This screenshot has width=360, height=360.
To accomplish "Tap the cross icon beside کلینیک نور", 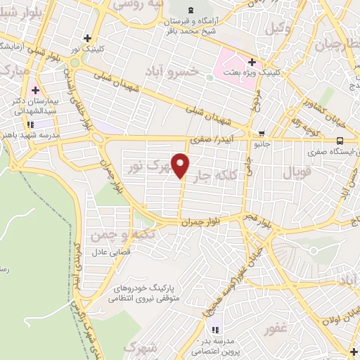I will click(x=86, y=38).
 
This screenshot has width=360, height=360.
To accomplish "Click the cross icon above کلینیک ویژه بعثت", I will click(x=261, y=63).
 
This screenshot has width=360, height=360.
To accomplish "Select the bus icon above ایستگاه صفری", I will click(x=340, y=139).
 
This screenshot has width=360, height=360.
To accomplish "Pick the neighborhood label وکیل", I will click(x=277, y=28).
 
